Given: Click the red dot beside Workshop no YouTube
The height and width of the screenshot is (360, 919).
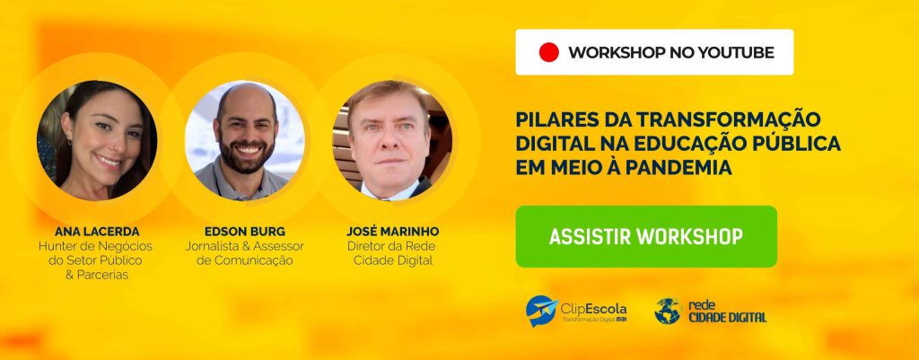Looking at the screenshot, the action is pos(548,52).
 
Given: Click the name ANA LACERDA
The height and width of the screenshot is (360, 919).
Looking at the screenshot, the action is pos(97,232).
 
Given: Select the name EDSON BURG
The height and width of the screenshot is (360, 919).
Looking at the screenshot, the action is pos(244,232).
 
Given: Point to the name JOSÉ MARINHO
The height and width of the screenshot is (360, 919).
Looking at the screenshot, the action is pos(392,231).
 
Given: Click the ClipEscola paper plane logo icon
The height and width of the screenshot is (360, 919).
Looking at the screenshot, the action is pos(541,311).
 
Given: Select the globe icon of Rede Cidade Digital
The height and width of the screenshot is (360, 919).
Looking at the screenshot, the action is pos(668,311).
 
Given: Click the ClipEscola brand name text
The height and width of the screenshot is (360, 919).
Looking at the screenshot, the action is pos(593,309).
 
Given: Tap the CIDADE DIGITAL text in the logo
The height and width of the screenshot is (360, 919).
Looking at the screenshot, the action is pos(727,318).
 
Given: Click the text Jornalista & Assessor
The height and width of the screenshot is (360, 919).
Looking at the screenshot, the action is pos(244,246).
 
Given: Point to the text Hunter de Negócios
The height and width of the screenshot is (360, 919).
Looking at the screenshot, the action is pos(95,246).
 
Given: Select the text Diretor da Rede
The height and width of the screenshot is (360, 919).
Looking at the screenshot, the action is pos(391,246).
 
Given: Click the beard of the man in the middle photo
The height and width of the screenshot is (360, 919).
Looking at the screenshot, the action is pos(246,158).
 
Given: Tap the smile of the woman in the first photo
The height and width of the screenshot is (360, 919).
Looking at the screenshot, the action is pos(109,161).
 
